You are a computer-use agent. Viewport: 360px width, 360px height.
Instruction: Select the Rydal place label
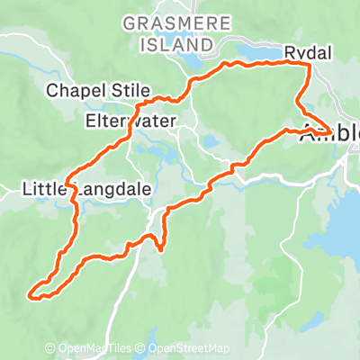307,54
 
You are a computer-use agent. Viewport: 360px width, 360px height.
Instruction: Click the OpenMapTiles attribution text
96,349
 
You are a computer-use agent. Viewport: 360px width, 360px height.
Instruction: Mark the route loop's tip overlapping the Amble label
329,135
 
